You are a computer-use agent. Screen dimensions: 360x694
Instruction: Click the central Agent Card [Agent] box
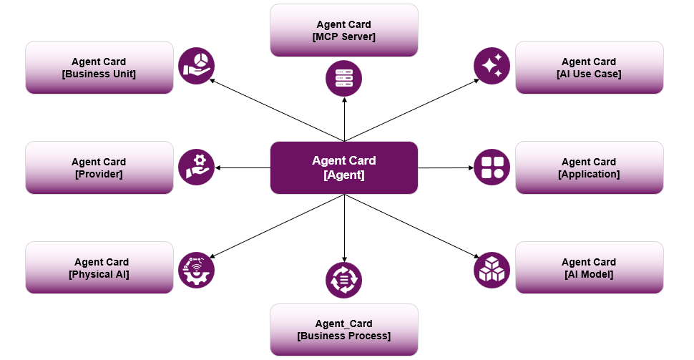click(x=343, y=167)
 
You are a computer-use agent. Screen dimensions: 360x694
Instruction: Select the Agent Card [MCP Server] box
click(x=343, y=30)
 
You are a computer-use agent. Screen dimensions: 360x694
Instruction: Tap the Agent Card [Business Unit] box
click(x=99, y=67)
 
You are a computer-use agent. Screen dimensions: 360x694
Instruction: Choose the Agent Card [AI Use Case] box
click(x=589, y=67)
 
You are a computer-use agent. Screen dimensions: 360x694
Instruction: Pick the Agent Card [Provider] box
click(x=99, y=167)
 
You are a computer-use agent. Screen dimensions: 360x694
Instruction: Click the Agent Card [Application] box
click(x=589, y=167)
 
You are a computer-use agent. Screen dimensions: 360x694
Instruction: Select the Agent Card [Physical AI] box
click(x=99, y=268)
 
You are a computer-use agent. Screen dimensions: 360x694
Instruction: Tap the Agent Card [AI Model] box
click(x=589, y=268)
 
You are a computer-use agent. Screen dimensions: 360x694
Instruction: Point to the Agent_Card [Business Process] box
click(x=343, y=330)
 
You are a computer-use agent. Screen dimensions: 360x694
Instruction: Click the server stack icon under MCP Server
click(x=343, y=78)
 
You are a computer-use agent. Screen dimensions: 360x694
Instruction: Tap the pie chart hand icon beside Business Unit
click(x=196, y=66)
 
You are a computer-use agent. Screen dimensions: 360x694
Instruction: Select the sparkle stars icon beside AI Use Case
click(x=492, y=66)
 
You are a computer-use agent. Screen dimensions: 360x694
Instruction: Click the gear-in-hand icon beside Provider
click(x=196, y=167)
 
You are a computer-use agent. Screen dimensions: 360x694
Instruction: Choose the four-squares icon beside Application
click(x=492, y=167)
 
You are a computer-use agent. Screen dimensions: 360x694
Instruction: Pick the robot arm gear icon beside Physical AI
click(x=196, y=270)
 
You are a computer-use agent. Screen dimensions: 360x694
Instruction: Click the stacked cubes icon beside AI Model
click(x=492, y=270)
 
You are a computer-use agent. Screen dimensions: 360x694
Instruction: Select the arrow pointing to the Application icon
click(x=445, y=168)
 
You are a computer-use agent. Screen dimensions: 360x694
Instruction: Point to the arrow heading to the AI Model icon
click(x=415, y=227)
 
